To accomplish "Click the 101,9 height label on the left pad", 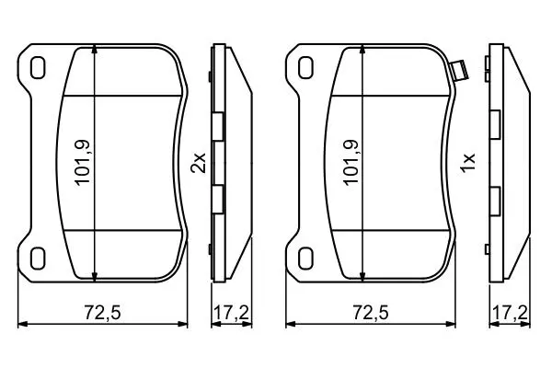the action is click(x=83, y=162).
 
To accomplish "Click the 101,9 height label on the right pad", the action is click(x=351, y=162).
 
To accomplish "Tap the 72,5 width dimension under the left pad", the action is click(x=102, y=313).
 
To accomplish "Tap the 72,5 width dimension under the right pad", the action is click(x=371, y=313).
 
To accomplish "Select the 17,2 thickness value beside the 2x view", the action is click(x=232, y=313).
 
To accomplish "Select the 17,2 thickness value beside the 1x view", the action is click(x=510, y=313).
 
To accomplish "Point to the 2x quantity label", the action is click(x=198, y=163).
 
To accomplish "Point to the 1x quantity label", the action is click(x=468, y=163).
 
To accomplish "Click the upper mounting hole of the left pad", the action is click(x=38, y=68).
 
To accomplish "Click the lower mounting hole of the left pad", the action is click(x=38, y=259).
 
